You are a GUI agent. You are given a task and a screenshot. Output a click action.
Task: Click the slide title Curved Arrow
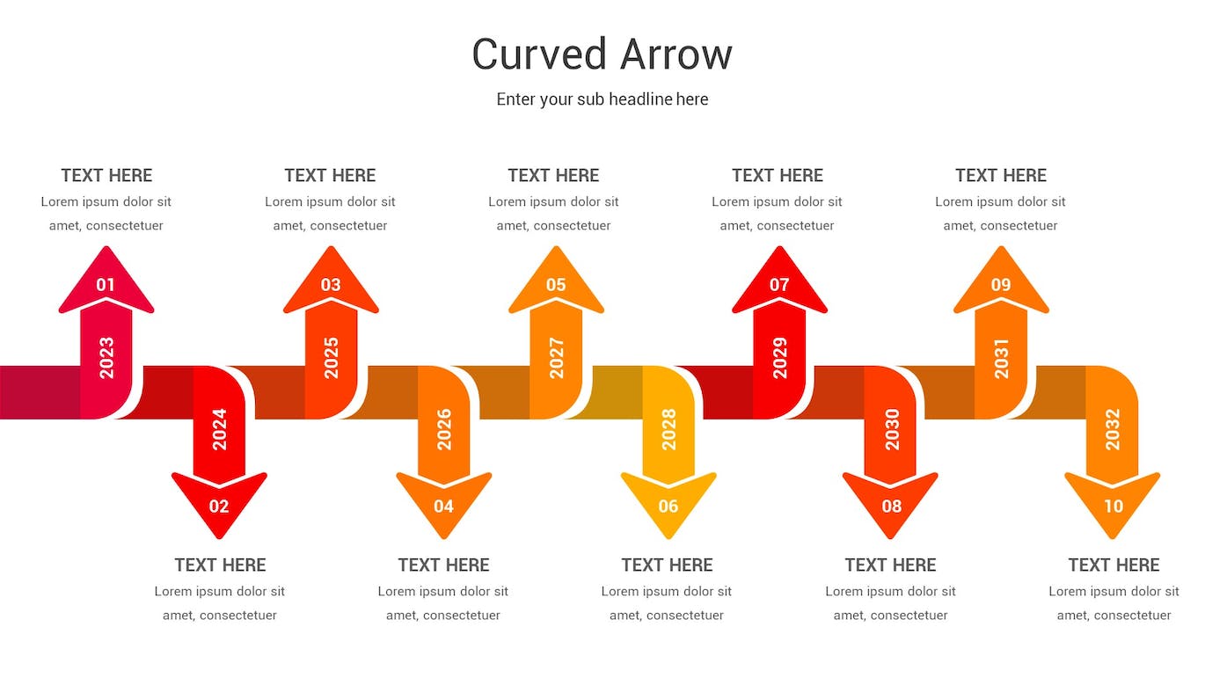tap(602, 55)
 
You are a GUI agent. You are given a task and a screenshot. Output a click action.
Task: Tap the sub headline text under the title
tap(602, 99)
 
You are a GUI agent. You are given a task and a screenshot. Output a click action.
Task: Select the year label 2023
tap(106, 358)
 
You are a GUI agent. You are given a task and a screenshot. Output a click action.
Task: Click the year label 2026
tap(444, 429)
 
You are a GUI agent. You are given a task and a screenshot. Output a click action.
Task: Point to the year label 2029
tap(779, 358)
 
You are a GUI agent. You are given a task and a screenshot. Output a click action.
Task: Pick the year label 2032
tap(1113, 429)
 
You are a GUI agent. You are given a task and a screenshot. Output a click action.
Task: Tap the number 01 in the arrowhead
tap(106, 284)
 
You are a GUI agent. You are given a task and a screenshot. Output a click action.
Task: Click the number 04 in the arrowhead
tap(443, 506)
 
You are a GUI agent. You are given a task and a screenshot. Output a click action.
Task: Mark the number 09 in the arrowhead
tap(1001, 284)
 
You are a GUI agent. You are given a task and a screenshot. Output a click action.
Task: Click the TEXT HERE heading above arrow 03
tap(330, 175)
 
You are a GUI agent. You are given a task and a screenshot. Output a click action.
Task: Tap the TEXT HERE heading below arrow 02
tap(220, 565)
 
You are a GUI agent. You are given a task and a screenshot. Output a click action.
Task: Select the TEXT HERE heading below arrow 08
tap(890, 565)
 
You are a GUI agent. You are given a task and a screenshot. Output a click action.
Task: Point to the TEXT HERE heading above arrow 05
tap(553, 175)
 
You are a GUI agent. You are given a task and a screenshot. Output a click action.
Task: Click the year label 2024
tap(220, 429)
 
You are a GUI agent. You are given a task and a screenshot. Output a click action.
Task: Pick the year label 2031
tap(1001, 358)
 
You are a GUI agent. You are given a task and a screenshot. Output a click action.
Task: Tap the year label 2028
tap(668, 429)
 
